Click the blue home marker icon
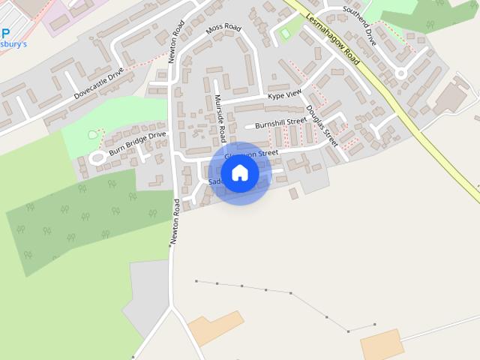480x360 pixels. pyautogui.click(x=239, y=172)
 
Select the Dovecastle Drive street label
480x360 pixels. pyautogui.click(x=99, y=86)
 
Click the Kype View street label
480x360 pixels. pyautogui.click(x=284, y=94)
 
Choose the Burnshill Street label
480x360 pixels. pyautogui.click(x=280, y=122)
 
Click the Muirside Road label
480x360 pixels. pyautogui.click(x=220, y=118)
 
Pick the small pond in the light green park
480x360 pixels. pyautogui.click(x=93, y=135)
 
